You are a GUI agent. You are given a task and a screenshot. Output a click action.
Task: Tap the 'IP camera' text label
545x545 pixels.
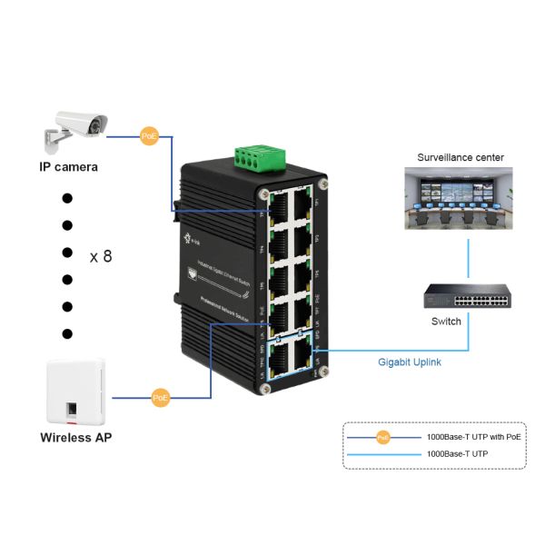coord(68,167)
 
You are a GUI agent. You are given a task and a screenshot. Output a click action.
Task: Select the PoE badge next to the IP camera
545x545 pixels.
coord(149,136)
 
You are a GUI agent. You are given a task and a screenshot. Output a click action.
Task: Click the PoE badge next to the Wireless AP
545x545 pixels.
coord(161,397)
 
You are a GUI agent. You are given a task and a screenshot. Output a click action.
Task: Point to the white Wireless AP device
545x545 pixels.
coord(76,393)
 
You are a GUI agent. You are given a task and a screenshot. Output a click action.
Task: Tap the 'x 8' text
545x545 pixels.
coord(101,256)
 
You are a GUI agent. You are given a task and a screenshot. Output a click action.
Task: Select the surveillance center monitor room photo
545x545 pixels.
coord(460,202)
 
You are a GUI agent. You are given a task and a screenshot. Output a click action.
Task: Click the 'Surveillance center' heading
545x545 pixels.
coord(460,157)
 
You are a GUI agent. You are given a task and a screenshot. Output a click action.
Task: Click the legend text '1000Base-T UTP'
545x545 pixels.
coord(457,452)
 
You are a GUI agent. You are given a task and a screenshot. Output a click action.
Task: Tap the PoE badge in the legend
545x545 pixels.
coord(383,437)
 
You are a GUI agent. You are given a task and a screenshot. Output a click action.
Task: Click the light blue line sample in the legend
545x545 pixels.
coord(383,452)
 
